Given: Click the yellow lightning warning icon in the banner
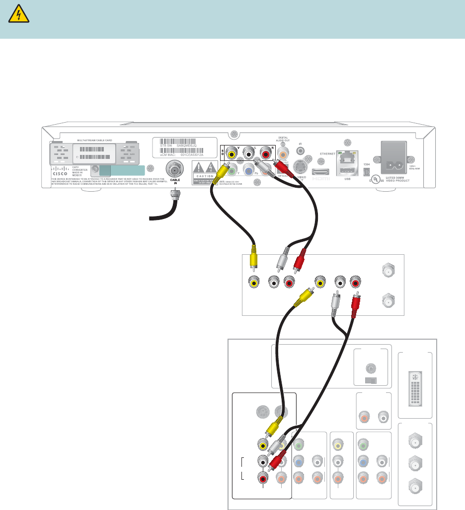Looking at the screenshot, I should click(x=19, y=16).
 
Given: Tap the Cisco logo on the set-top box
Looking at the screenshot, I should click(x=61, y=174).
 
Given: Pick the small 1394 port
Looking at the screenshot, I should click(x=366, y=172).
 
